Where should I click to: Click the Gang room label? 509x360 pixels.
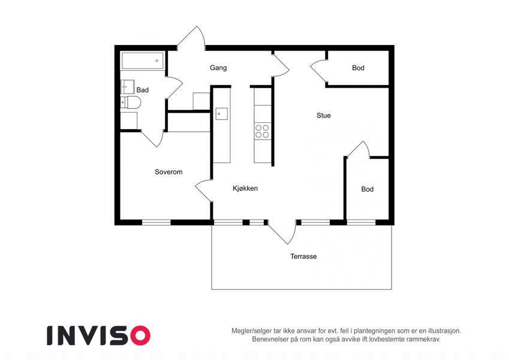click(x=218, y=68)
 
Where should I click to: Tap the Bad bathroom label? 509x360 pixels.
click(x=143, y=90)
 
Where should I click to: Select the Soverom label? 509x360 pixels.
click(x=168, y=172)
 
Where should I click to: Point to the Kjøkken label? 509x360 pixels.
click(x=245, y=188)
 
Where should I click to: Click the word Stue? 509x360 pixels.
click(x=324, y=115)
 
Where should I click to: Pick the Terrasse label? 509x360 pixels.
click(x=303, y=256)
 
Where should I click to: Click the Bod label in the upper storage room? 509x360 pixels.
click(x=358, y=68)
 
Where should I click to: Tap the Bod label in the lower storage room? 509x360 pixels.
click(x=368, y=189)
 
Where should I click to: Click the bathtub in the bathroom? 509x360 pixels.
click(x=143, y=61)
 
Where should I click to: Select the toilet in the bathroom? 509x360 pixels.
click(x=131, y=103)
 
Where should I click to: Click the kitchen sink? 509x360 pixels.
click(x=222, y=114)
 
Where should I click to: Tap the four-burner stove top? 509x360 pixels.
click(x=262, y=131)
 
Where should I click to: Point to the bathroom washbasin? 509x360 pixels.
click(x=127, y=87)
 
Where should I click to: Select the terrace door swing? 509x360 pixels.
click(x=283, y=232)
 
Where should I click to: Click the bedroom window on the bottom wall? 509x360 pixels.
click(x=156, y=223)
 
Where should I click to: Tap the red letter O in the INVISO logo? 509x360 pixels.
click(x=140, y=335)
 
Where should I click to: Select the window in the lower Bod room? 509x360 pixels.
click(x=362, y=223)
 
